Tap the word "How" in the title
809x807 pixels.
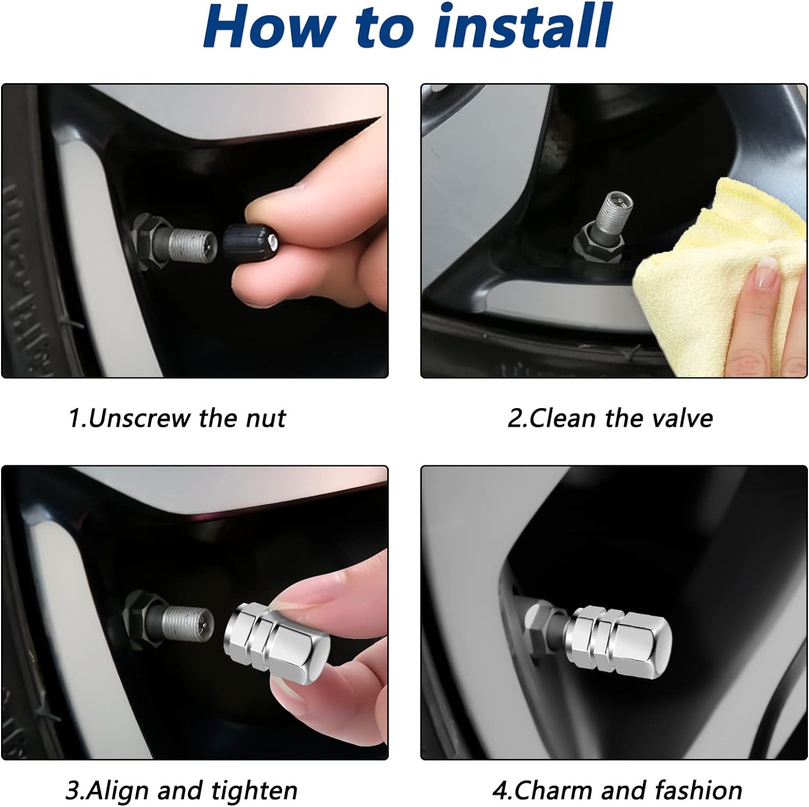[x=270, y=27]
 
